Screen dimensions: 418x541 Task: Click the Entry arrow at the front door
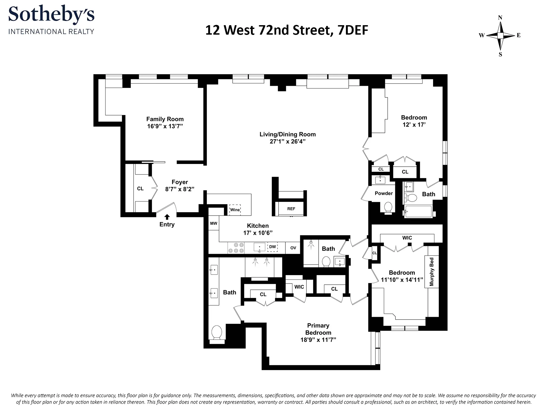167,217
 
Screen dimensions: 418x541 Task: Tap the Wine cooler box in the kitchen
235,210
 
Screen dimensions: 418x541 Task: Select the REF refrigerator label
291,209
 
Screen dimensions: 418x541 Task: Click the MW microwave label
214,223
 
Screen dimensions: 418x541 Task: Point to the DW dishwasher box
272,247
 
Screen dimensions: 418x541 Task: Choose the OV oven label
293,248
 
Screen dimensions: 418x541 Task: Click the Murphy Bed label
431,272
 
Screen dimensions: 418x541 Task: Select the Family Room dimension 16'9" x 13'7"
165,126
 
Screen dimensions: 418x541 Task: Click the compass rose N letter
500,18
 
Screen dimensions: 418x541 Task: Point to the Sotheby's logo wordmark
51,15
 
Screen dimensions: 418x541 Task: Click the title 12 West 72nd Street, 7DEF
286,30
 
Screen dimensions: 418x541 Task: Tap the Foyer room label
180,182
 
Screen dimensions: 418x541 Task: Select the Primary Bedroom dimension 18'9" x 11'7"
318,340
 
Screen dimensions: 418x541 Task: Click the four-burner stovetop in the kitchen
236,248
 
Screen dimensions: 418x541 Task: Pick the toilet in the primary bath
217,333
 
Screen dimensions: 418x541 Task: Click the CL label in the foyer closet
140,189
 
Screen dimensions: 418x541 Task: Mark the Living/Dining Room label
288,134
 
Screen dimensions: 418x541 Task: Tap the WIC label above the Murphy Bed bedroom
407,238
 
